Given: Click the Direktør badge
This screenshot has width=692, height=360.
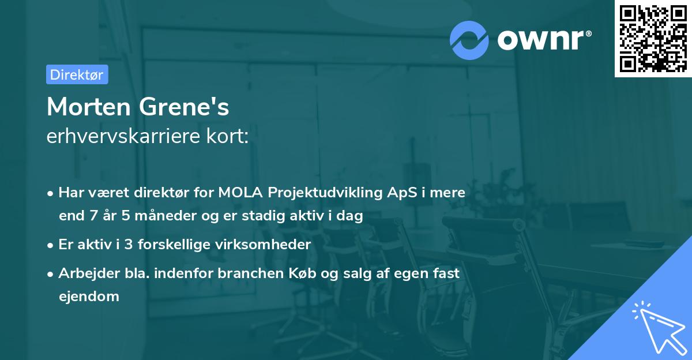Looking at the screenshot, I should tap(77, 74).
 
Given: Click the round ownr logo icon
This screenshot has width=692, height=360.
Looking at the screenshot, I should tap(469, 40).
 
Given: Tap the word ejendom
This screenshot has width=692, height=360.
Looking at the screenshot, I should tap(89, 297).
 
